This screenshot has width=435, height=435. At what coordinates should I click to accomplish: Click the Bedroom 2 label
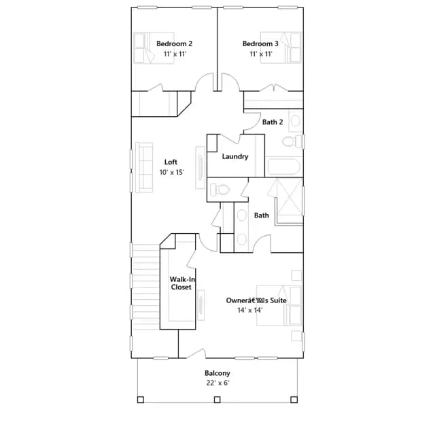[x=174, y=43]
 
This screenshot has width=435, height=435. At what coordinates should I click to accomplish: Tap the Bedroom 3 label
[x=260, y=43]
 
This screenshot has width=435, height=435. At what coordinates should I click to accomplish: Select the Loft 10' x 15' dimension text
[x=172, y=172]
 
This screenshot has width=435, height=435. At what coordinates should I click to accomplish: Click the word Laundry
[x=235, y=156]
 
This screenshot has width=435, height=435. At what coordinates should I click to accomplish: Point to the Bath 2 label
[x=273, y=122]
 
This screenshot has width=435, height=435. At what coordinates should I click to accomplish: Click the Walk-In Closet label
[x=181, y=283]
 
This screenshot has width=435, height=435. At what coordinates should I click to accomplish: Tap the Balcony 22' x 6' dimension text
[x=217, y=383]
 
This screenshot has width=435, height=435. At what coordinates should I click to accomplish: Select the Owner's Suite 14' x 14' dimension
[x=250, y=310]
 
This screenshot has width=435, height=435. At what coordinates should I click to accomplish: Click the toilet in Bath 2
[x=292, y=141]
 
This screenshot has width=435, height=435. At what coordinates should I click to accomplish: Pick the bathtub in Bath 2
[x=284, y=167]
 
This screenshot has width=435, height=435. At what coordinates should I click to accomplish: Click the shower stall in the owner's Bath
[x=289, y=201]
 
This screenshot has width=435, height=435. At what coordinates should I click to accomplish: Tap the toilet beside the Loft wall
[x=220, y=190]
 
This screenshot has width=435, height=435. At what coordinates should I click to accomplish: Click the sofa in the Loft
[x=144, y=167]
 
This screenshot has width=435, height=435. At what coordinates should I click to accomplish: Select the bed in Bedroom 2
[x=154, y=48]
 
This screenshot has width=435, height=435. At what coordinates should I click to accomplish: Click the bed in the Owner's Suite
[x=279, y=305]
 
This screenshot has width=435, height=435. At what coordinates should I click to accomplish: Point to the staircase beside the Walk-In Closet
[x=146, y=287]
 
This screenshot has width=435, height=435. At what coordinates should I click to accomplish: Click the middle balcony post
[x=217, y=400]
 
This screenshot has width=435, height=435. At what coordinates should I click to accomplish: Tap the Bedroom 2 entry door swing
[x=205, y=82]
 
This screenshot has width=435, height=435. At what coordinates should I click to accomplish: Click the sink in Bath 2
[x=295, y=121]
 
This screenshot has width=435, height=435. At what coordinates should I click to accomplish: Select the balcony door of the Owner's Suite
[x=196, y=353]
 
